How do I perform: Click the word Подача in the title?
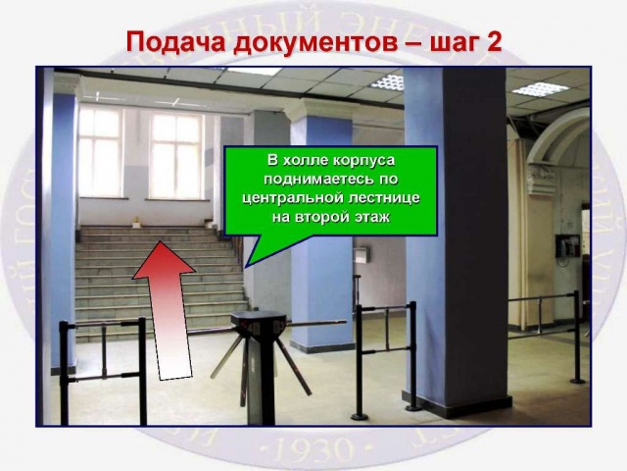tap(175, 41)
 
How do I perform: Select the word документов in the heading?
tap(315, 42)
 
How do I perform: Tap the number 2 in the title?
tap(494, 41)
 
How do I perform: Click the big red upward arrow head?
tap(163, 260)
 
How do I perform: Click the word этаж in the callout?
tap(372, 218)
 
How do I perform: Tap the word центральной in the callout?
tap(294, 198)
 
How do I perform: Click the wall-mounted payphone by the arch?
tap(567, 246)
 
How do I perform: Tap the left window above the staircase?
tap(100, 151)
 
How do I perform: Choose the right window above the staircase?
tap(176, 156)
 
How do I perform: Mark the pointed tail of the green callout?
tap(245, 267)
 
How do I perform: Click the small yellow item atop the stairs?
tap(137, 221)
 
